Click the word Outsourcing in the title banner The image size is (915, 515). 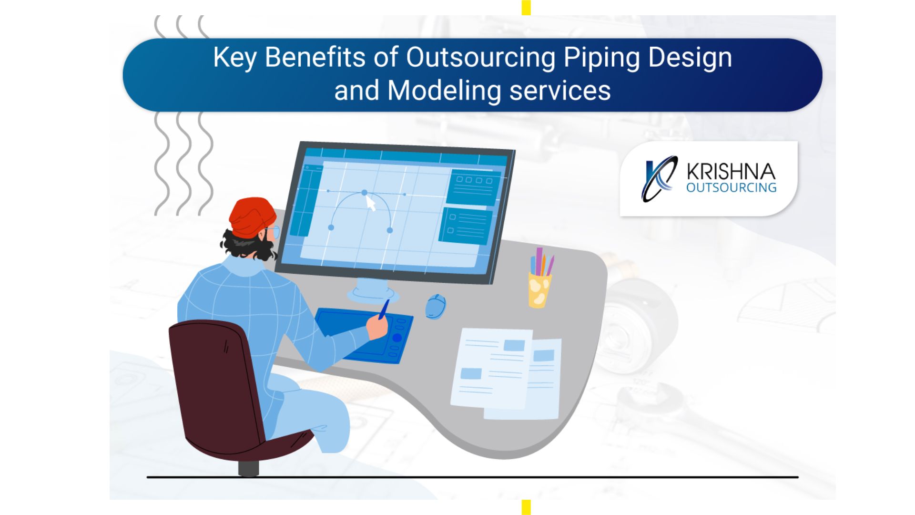pyautogui.click(x=480, y=58)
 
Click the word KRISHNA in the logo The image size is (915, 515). pyautogui.click(x=731, y=172)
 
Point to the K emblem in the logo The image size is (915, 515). pyautogui.click(x=659, y=179)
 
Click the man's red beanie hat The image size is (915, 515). pyautogui.click(x=252, y=217)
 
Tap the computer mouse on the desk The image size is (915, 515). pyautogui.click(x=436, y=306)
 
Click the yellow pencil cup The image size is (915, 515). pyautogui.click(x=539, y=290)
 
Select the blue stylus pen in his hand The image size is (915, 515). pyautogui.click(x=384, y=309)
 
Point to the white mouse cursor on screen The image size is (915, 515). pyautogui.click(x=371, y=203)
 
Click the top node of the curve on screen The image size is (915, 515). pyautogui.click(x=365, y=193)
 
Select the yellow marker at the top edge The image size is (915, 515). pyautogui.click(x=526, y=8)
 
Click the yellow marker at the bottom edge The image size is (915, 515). pyautogui.click(x=526, y=507)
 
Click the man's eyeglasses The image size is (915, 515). pyautogui.click(x=272, y=232)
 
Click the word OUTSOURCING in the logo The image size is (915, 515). pyautogui.click(x=732, y=187)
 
